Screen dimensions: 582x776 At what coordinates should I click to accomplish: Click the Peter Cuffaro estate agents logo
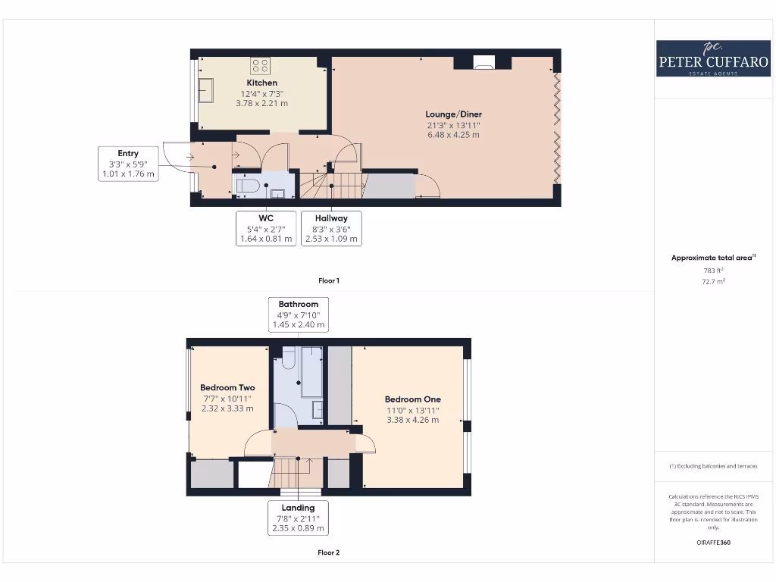pyautogui.click(x=713, y=58)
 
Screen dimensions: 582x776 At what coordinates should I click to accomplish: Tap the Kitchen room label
pyautogui.click(x=261, y=83)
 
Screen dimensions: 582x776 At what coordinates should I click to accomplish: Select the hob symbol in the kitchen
pyautogui.click(x=261, y=65)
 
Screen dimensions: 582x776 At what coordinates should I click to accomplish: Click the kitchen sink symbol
pyautogui.click(x=205, y=90)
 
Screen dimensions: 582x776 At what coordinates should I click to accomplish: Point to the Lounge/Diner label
pyautogui.click(x=453, y=114)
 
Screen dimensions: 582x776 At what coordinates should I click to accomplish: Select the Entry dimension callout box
pyautogui.click(x=128, y=164)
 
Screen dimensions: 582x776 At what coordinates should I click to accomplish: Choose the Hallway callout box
pyautogui.click(x=331, y=228)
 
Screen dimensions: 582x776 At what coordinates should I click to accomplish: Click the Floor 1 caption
pyautogui.click(x=328, y=281)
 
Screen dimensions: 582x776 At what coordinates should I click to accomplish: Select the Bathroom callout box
pyautogui.click(x=299, y=314)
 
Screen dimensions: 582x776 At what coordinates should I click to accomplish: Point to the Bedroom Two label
pyautogui.click(x=227, y=388)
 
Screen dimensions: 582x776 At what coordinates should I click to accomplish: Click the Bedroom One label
pyautogui.click(x=412, y=399)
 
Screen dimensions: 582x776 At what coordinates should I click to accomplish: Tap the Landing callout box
pyautogui.click(x=299, y=518)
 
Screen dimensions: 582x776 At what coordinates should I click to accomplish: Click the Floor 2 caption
pyautogui.click(x=328, y=552)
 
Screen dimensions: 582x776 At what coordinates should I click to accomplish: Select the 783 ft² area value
pyautogui.click(x=713, y=270)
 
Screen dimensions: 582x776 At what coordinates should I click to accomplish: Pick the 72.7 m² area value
pyautogui.click(x=713, y=281)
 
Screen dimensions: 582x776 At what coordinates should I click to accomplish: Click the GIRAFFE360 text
pyautogui.click(x=713, y=543)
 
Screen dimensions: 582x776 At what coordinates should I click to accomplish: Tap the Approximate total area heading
pyautogui.click(x=713, y=258)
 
